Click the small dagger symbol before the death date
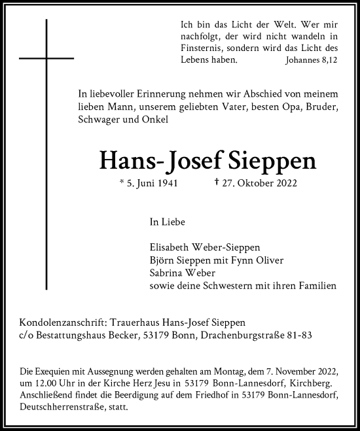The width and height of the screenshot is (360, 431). point(217,182)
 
